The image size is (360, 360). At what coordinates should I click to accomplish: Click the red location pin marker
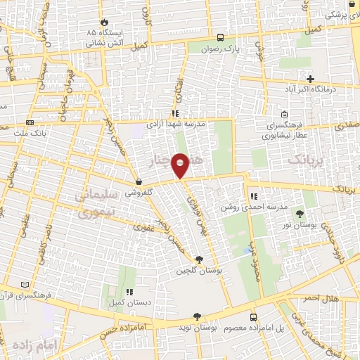[x=181, y=165]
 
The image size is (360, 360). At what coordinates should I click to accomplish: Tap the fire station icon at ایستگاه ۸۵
[x=104, y=22]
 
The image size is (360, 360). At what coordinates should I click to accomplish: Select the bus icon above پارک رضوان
[x=221, y=38]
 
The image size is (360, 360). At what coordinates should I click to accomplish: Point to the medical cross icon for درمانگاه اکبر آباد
[x=310, y=78]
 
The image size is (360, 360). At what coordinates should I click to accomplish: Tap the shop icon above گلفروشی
[x=139, y=181]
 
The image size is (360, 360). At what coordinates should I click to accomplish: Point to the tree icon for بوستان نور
[x=301, y=212]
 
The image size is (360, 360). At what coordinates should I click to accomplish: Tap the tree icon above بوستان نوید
[x=197, y=317]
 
